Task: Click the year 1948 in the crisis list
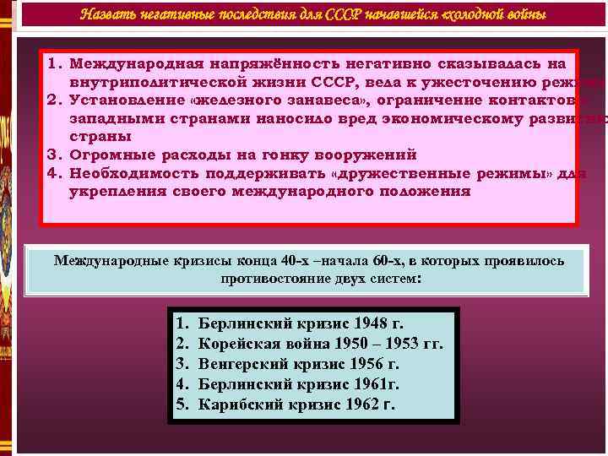pos(363,323)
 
